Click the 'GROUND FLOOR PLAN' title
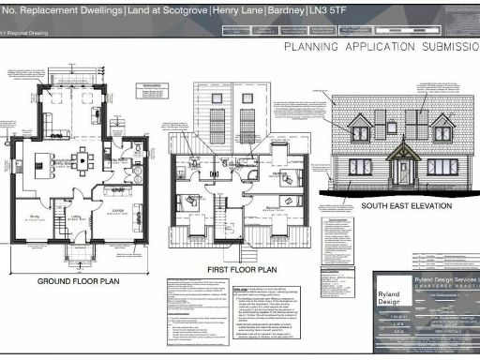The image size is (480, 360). pyautogui.click(x=80, y=281)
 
